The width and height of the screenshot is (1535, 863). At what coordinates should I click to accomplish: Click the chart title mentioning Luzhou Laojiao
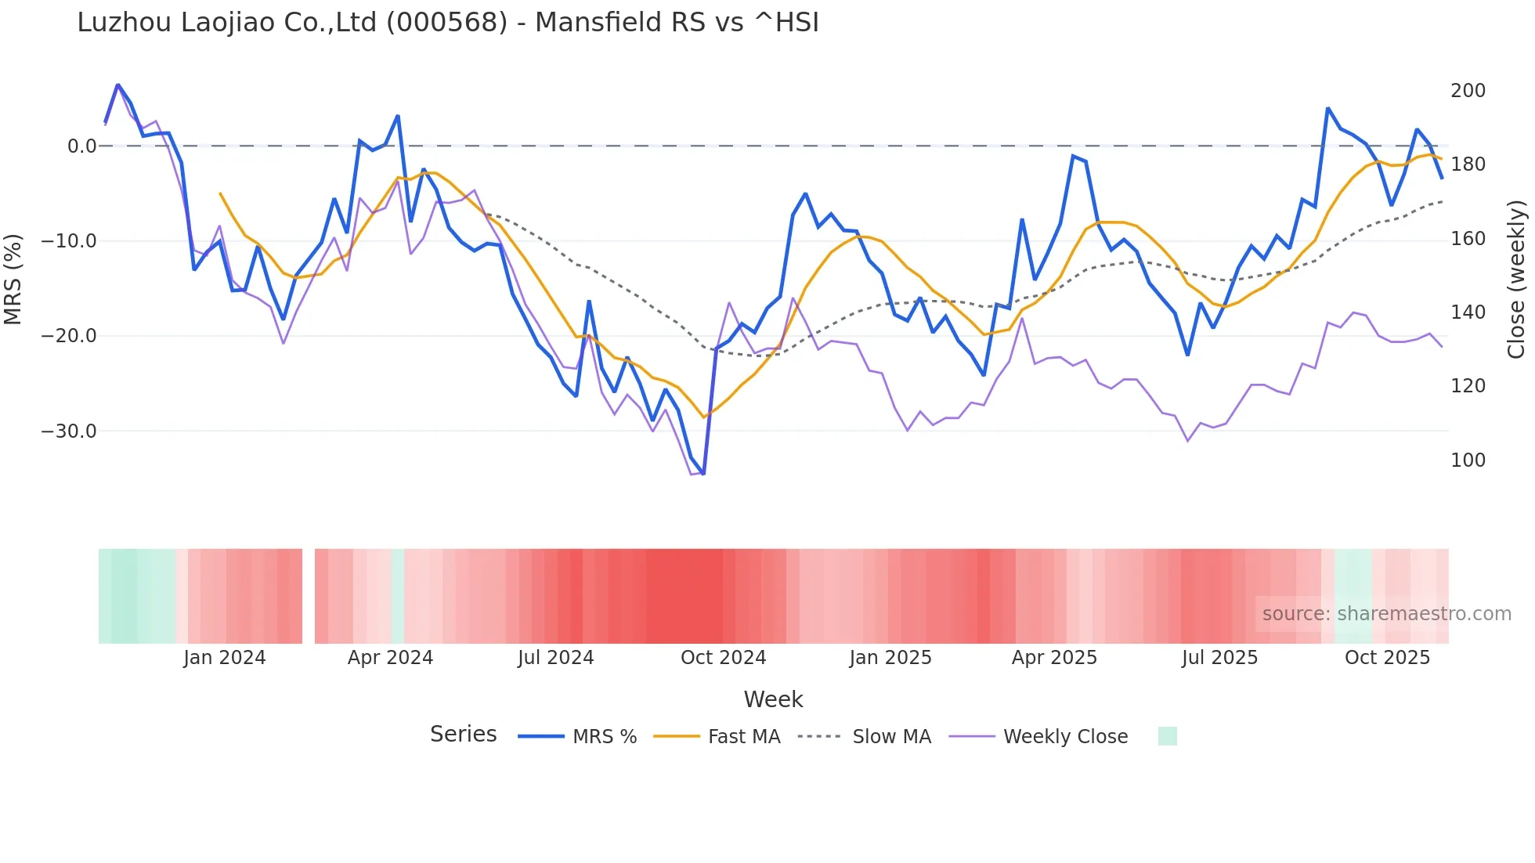click(x=448, y=23)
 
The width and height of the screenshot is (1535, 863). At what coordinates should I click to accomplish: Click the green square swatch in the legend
click(x=1167, y=736)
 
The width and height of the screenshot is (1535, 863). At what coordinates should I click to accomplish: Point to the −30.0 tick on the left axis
click(x=69, y=431)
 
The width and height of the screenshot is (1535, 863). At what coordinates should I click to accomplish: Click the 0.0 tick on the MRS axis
click(x=81, y=146)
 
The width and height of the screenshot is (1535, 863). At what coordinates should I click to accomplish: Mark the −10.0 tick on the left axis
click(x=69, y=241)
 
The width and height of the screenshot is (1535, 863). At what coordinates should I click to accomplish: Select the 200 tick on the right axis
click(x=1468, y=91)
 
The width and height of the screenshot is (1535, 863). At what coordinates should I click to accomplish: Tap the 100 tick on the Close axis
click(x=1468, y=460)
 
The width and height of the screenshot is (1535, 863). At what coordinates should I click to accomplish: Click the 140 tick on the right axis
click(x=1468, y=312)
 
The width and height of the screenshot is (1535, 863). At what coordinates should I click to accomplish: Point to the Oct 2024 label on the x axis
click(x=723, y=658)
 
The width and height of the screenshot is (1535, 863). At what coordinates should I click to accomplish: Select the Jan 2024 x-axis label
click(x=225, y=658)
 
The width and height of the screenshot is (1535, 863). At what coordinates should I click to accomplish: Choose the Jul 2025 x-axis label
click(x=1219, y=658)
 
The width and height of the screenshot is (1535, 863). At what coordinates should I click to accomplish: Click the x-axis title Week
click(x=773, y=699)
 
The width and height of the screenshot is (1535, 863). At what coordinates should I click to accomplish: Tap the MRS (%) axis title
click(x=13, y=280)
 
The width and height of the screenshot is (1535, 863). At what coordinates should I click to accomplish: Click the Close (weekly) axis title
click(x=1516, y=280)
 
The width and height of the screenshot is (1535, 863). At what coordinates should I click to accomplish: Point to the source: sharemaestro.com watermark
click(x=1386, y=614)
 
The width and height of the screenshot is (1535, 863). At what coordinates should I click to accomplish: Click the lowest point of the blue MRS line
click(x=703, y=474)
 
